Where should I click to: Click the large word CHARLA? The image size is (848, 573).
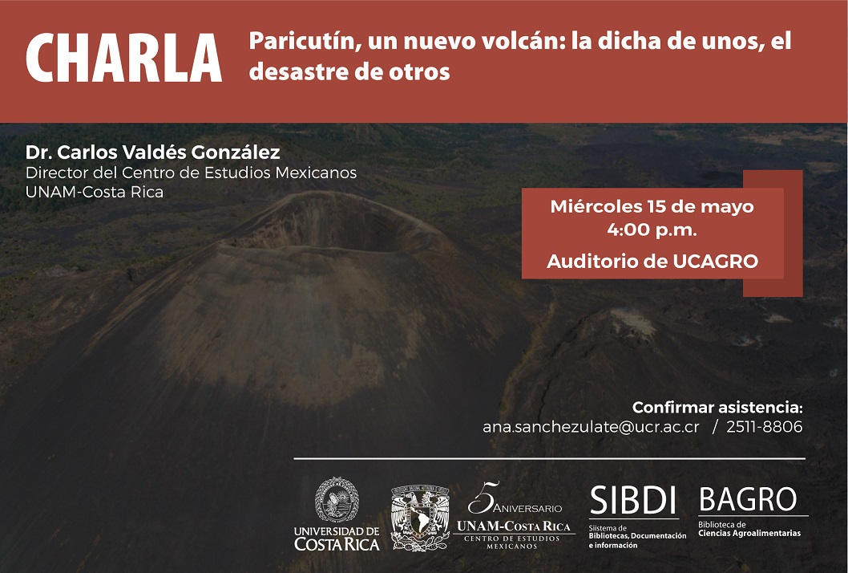[124, 58]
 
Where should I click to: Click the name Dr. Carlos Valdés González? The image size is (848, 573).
[152, 152]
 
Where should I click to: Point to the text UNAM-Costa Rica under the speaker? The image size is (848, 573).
[94, 192]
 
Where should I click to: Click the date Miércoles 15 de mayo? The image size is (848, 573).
[652, 206]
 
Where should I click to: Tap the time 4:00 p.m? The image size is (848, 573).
[652, 230]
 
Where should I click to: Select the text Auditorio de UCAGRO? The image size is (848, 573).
[652, 262]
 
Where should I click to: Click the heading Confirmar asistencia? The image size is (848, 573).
[717, 407]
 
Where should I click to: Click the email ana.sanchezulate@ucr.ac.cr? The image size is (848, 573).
[591, 427]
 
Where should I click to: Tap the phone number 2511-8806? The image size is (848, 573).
[764, 427]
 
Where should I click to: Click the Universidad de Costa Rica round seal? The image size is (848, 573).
[337, 499]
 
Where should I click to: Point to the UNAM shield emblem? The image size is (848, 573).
[420, 518]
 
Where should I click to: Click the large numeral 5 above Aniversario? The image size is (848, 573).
[482, 498]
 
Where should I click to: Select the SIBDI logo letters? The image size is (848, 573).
[632, 501]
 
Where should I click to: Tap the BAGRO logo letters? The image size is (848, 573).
[748, 499]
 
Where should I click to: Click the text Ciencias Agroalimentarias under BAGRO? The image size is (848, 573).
[749, 534]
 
